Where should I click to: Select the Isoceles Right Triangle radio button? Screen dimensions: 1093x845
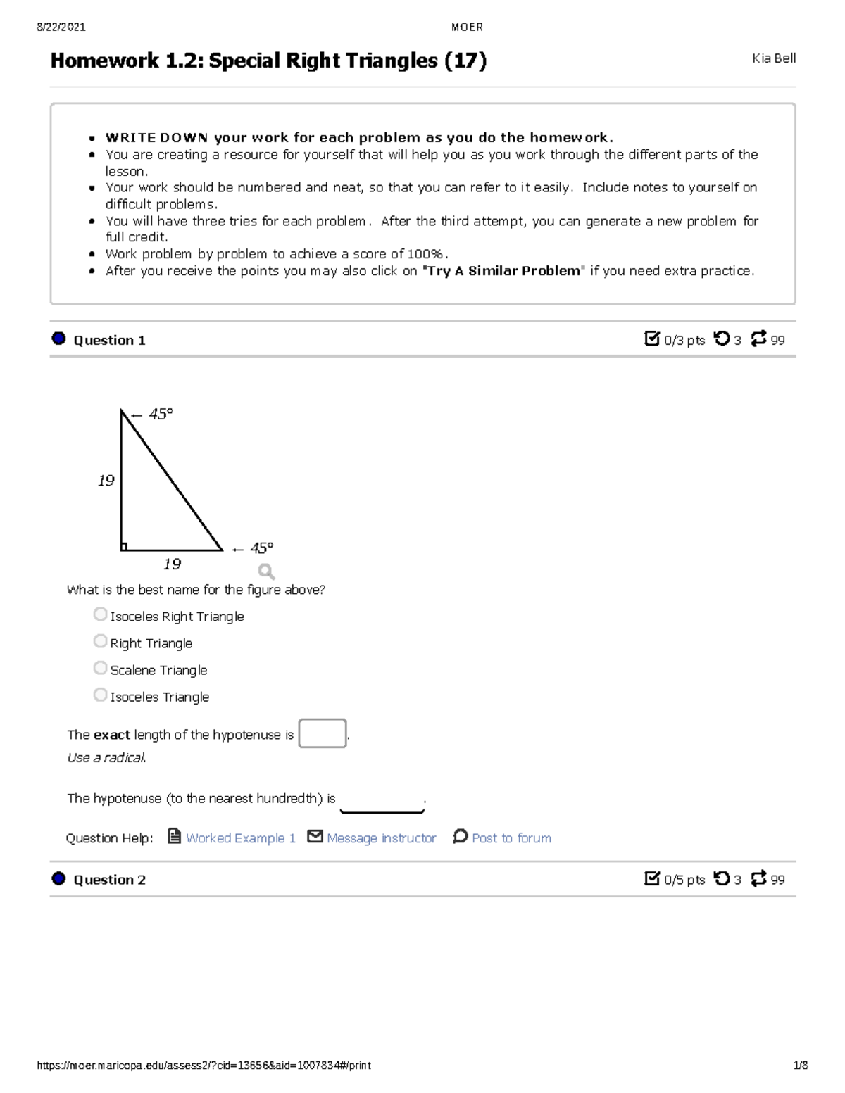(x=100, y=614)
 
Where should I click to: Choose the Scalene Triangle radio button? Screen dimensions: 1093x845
(x=100, y=668)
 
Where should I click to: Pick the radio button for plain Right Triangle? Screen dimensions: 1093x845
(x=100, y=641)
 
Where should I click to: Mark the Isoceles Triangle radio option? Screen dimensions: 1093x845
(x=100, y=695)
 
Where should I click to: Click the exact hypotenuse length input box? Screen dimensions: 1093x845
(x=322, y=733)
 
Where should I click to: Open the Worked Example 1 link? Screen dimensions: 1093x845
(x=240, y=838)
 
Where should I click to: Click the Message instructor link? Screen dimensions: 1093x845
(x=381, y=838)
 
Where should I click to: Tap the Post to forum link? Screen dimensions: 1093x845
(x=511, y=838)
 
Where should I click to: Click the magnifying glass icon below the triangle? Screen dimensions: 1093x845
(x=265, y=571)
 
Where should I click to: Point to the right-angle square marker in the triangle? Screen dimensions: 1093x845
(x=124, y=546)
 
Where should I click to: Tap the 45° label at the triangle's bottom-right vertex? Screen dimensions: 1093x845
(x=261, y=548)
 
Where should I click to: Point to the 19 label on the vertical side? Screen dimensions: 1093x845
(x=106, y=481)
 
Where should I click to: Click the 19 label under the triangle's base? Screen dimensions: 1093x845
(x=172, y=564)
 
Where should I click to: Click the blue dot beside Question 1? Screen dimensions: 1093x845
(x=58, y=339)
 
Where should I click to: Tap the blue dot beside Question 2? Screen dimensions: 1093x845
(x=58, y=878)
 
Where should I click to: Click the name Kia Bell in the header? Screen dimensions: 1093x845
(x=773, y=58)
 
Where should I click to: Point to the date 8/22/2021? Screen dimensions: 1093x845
(x=61, y=27)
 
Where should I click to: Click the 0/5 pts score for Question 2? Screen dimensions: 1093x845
(x=683, y=879)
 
